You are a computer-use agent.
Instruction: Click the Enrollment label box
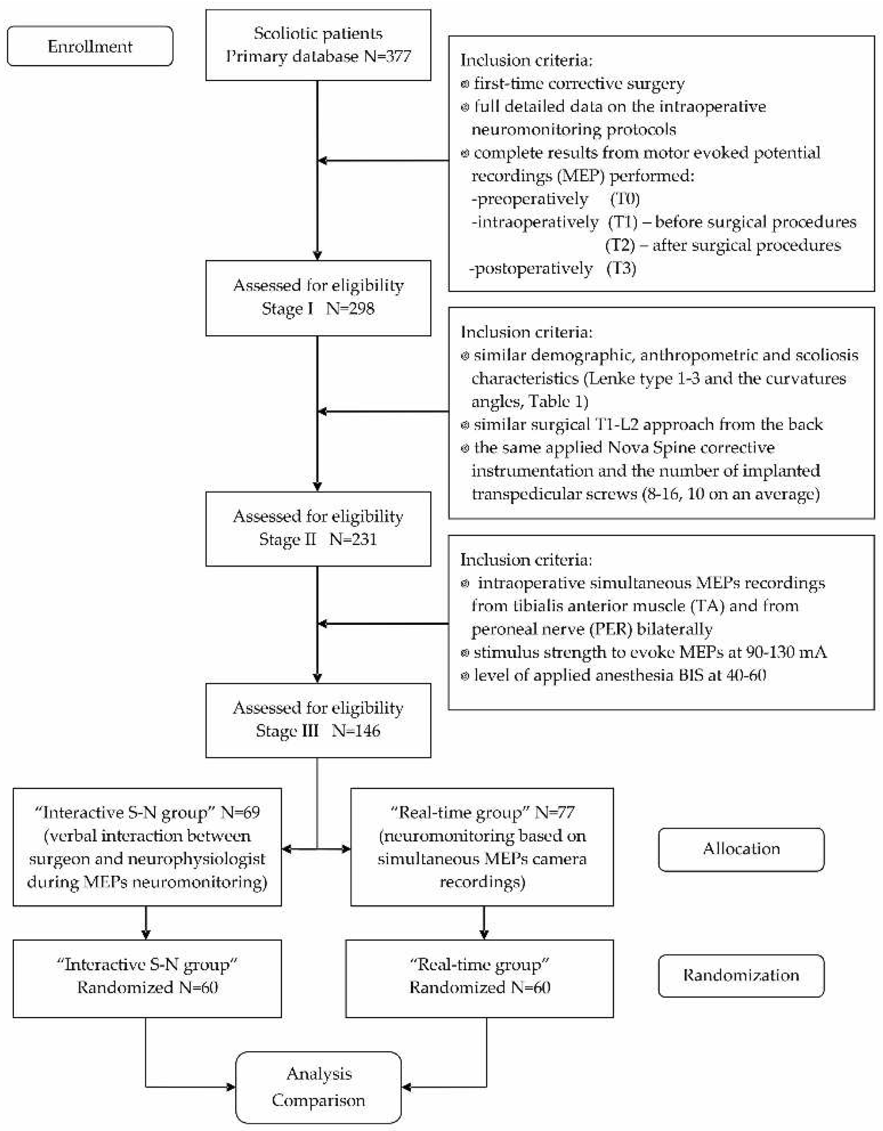[90, 46]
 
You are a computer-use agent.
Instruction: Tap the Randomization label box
[741, 976]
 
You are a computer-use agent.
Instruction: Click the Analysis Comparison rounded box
[318, 1087]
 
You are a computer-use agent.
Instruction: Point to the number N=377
[387, 56]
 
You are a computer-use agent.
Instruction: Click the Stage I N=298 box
[318, 298]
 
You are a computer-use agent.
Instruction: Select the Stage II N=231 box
[318, 528]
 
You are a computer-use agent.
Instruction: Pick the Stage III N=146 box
[318, 720]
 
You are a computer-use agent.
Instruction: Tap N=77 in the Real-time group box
[554, 812]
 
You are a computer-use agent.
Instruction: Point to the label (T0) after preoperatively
[625, 199]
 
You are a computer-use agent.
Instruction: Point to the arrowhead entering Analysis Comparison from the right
[407, 1087]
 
